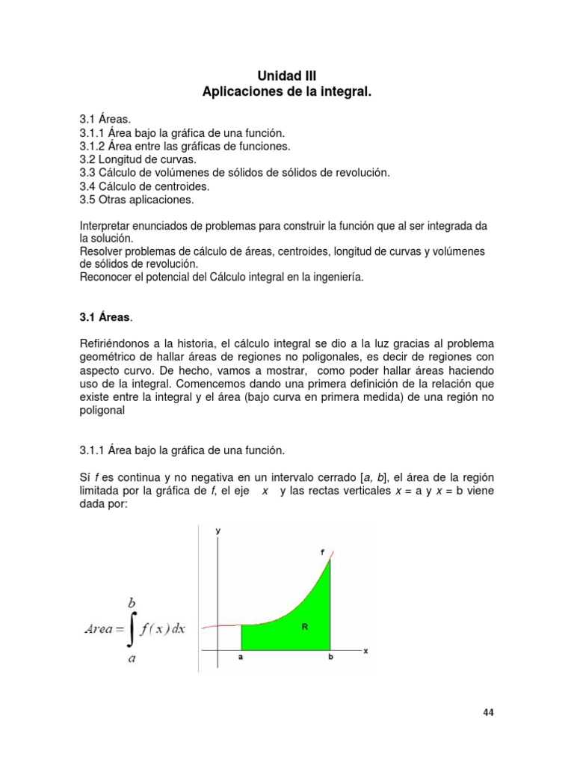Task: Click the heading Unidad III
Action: [287, 76]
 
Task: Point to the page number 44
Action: [488, 712]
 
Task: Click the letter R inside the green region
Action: [305, 628]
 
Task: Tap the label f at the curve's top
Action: [322, 552]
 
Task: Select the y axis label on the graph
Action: [217, 530]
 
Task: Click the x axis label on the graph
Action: [365, 651]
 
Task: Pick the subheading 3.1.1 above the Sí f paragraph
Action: [93, 450]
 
